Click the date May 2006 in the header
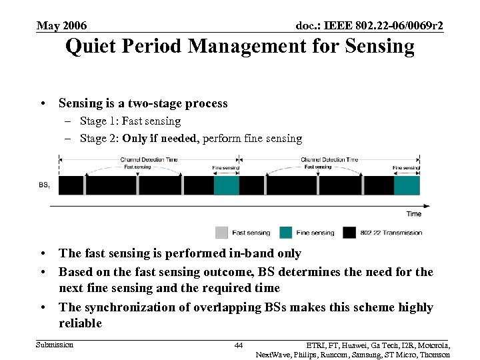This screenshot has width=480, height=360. (x=61, y=26)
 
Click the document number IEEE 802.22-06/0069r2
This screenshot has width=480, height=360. (x=369, y=26)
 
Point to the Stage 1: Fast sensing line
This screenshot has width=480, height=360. (x=130, y=121)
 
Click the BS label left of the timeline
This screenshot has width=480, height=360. (x=43, y=185)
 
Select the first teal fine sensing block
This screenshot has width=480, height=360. (x=226, y=185)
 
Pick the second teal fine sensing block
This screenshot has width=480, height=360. (x=407, y=185)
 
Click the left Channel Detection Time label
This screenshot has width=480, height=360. (x=149, y=160)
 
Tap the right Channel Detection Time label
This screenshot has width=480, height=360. (x=329, y=160)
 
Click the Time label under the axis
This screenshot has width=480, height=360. (x=413, y=214)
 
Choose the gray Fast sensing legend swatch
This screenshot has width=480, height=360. (x=221, y=233)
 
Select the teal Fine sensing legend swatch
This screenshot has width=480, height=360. (x=285, y=233)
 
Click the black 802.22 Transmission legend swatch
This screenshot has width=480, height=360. (x=349, y=233)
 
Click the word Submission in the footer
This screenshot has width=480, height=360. (x=55, y=345)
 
